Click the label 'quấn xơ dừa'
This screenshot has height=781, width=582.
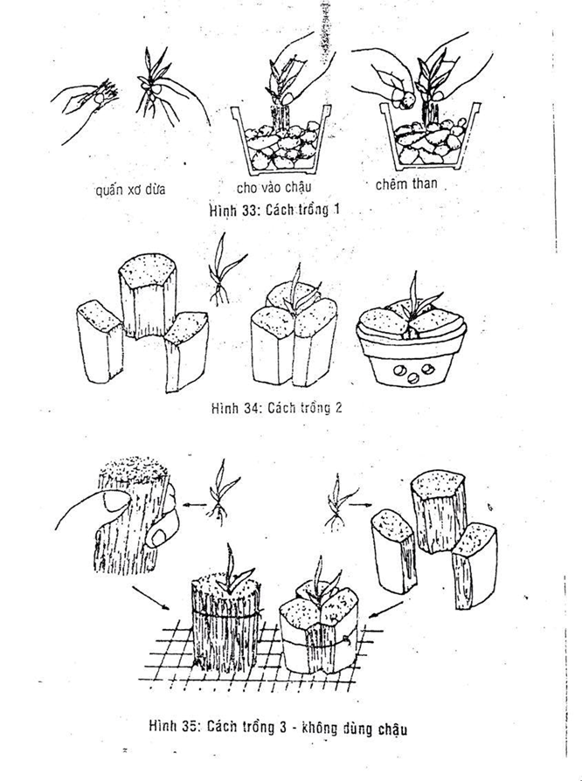(x=130, y=190)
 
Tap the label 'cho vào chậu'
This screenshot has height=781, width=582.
(x=274, y=188)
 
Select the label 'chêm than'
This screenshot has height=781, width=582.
(x=406, y=184)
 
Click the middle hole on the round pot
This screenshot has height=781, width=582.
(x=413, y=378)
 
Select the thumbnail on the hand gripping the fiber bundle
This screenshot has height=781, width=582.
(x=115, y=500)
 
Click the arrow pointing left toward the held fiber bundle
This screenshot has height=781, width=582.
(x=195, y=505)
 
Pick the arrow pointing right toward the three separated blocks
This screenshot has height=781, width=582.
(x=360, y=505)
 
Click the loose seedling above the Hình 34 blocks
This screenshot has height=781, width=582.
(x=223, y=269)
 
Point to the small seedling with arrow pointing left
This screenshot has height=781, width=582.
(x=222, y=493)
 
